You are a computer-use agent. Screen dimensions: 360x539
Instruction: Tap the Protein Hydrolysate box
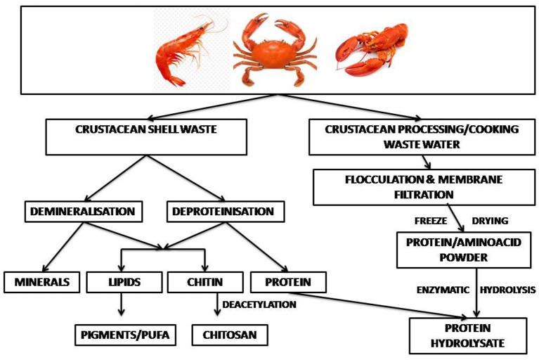tap(468, 335)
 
